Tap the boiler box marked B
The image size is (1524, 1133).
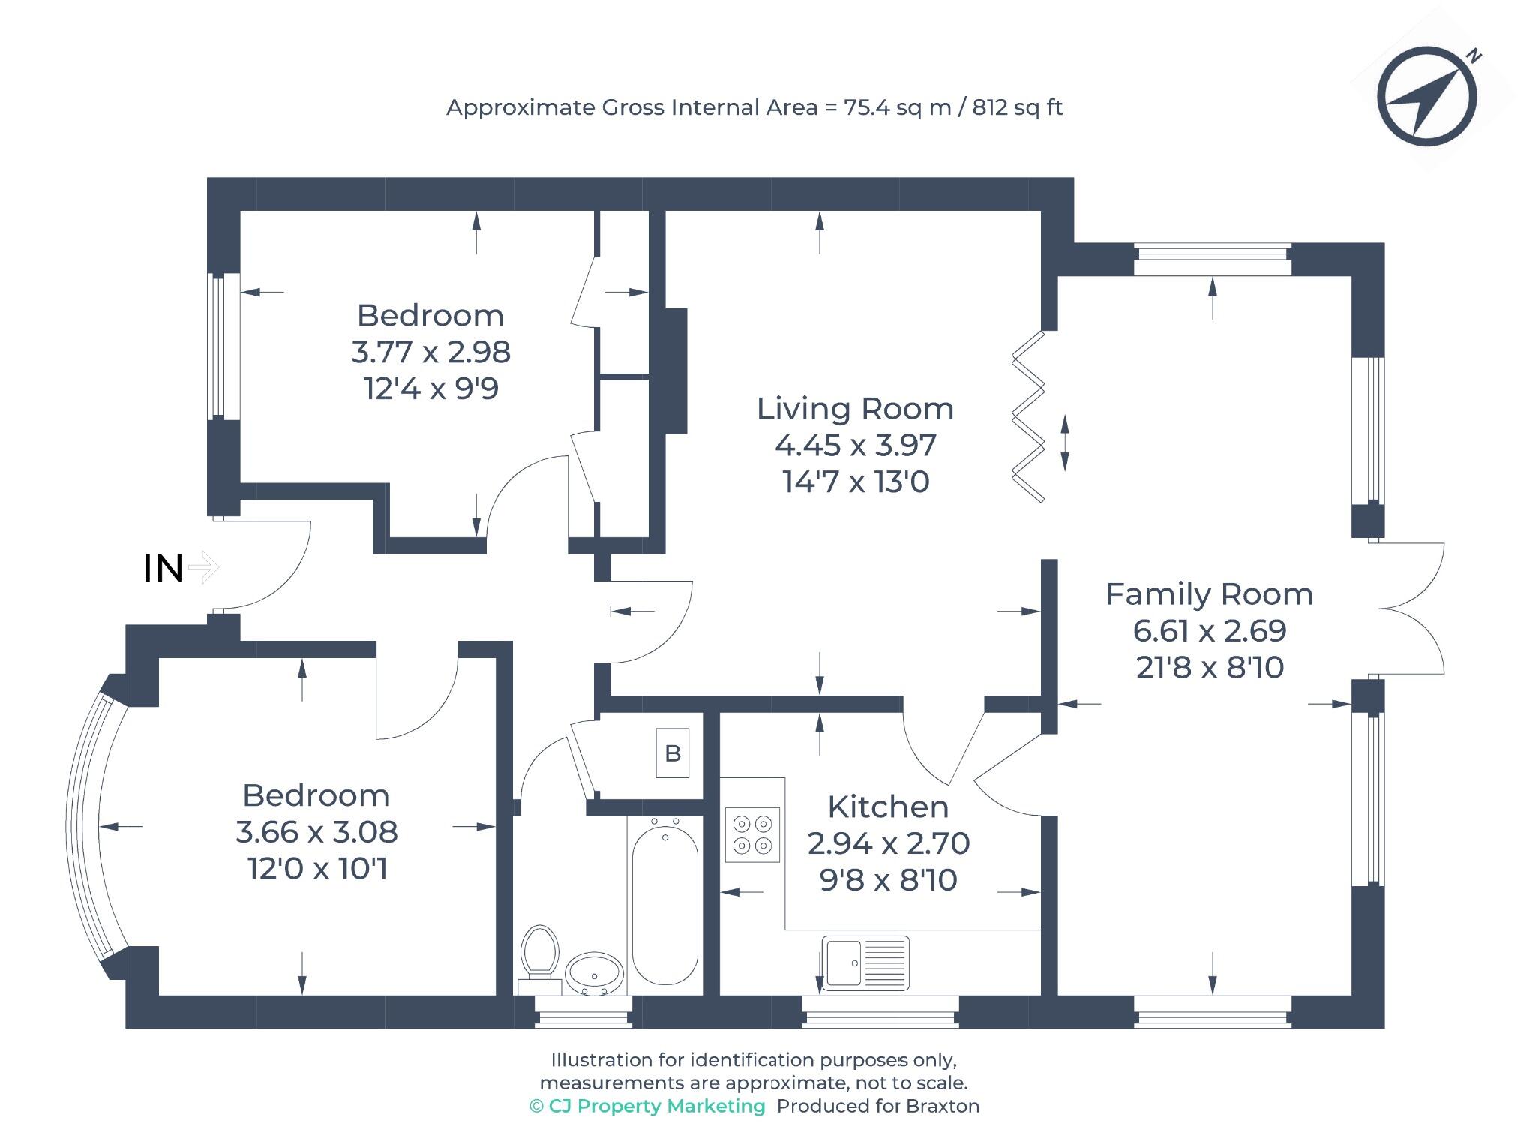672,753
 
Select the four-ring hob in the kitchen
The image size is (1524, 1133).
752,834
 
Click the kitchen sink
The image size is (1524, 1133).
864,963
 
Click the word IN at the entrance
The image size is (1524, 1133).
163,569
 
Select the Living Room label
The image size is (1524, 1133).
855,409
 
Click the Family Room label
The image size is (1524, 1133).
1209,594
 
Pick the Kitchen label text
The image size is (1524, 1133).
888,807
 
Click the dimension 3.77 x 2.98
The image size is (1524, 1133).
430,352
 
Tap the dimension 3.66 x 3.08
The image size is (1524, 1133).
316,831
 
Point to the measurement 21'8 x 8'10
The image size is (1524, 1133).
1210,667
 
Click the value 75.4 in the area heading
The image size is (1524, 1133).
867,107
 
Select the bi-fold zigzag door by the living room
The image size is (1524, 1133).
1027,417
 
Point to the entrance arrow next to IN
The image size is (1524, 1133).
202,567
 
